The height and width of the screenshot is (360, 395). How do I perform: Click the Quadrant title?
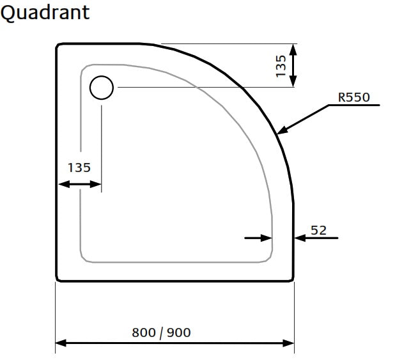(x=45, y=12)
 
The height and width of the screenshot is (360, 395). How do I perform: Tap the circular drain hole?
(x=101, y=87)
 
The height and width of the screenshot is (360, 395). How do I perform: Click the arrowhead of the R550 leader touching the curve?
(x=281, y=131)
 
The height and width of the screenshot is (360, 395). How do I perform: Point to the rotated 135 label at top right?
(x=281, y=66)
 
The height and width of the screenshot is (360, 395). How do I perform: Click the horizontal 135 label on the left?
(x=79, y=168)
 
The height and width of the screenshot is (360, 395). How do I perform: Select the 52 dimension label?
(x=318, y=230)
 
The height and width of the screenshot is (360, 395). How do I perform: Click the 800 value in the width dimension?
(x=144, y=332)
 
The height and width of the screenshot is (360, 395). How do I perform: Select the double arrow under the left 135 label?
(x=80, y=184)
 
